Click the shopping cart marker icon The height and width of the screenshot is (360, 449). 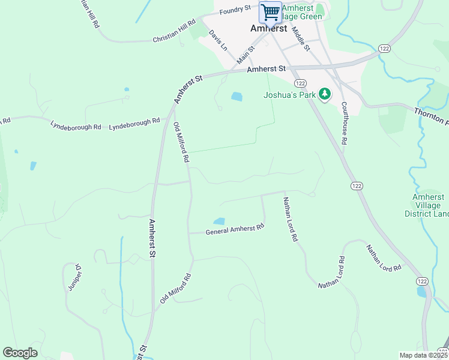coord(270,12)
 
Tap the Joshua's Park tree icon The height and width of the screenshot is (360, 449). coord(325,94)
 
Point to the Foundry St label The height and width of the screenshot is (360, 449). coord(235,10)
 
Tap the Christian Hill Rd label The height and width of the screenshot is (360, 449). coord(174,31)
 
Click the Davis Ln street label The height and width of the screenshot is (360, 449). coord(218,40)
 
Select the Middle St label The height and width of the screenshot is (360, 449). coord(300,37)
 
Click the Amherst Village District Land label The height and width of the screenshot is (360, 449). coord(429,205)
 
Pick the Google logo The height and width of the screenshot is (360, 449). coord(20,353)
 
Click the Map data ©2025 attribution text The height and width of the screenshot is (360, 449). coord(423,355)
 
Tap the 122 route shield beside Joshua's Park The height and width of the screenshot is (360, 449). coord(300,82)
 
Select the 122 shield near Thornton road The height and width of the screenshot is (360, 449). coord(384,48)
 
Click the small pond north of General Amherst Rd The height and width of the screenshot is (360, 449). coord(219,221)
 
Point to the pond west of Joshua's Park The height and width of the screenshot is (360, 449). coord(237,96)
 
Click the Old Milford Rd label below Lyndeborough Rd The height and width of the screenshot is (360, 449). coord(181,142)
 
